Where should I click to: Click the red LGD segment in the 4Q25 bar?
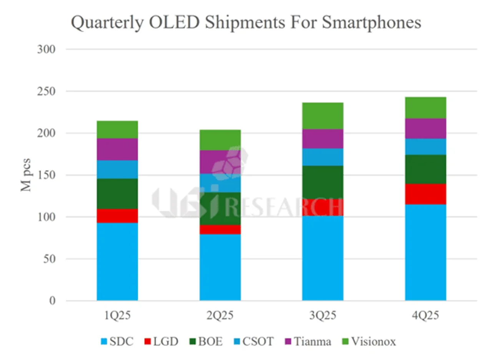(426, 194)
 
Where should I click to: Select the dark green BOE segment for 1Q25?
(117, 193)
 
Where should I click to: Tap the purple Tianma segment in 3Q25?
(322, 139)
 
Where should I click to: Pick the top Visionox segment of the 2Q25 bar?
(220, 140)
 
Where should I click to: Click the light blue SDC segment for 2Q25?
(220, 267)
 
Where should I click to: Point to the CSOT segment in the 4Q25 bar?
(426, 147)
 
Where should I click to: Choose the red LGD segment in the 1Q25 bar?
(117, 216)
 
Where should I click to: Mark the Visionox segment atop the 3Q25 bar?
(322, 116)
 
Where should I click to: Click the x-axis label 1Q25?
(117, 316)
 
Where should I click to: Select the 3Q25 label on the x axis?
(322, 316)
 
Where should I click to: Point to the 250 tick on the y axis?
(46, 91)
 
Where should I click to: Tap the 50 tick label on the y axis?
(49, 259)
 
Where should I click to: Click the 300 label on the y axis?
(46, 49)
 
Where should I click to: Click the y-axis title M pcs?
(26, 175)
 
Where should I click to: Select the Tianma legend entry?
(308, 341)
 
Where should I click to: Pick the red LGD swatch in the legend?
(148, 342)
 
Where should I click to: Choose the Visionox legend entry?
(369, 341)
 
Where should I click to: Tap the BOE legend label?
(210, 341)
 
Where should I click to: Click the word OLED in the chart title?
(175, 22)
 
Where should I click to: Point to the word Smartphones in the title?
(372, 23)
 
